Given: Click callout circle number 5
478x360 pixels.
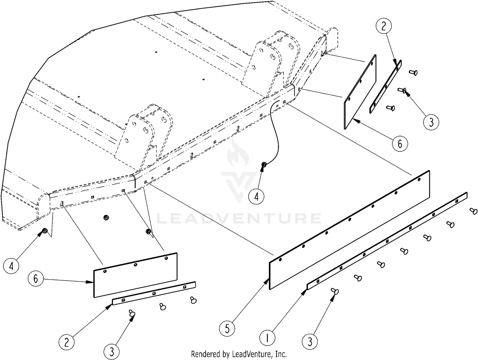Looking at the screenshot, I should tap(227, 328).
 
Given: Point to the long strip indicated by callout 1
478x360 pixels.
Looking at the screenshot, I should tap(387, 241).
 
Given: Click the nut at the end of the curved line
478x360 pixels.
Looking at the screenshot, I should tap(264, 165).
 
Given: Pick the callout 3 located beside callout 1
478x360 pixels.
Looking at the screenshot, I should tap(310, 342).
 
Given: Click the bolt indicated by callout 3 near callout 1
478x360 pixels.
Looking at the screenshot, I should tap(335, 291).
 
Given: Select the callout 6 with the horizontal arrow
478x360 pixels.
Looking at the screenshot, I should tap(36, 278).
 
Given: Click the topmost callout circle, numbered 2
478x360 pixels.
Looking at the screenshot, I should tap(383, 26).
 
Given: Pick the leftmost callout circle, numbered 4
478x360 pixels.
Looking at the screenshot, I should tap(12, 265).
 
